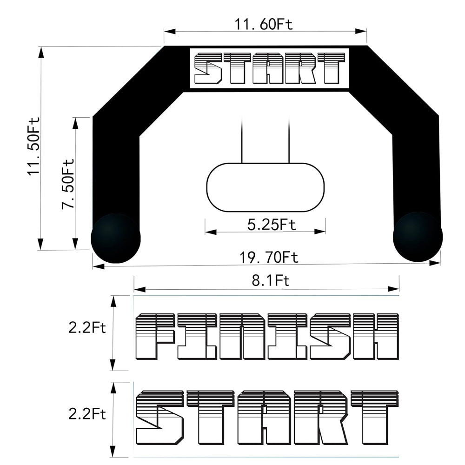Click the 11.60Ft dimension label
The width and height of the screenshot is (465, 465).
[264, 24]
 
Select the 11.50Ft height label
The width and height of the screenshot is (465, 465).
[34, 146]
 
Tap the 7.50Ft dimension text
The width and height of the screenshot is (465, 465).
[68, 184]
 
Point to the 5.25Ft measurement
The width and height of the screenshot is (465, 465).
[272, 225]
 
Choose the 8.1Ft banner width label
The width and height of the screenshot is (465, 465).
[271, 280]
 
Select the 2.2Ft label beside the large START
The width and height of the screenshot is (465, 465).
[87, 414]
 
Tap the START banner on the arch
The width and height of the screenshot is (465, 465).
[269, 68]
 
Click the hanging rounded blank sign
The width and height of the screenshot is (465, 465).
[266, 187]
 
